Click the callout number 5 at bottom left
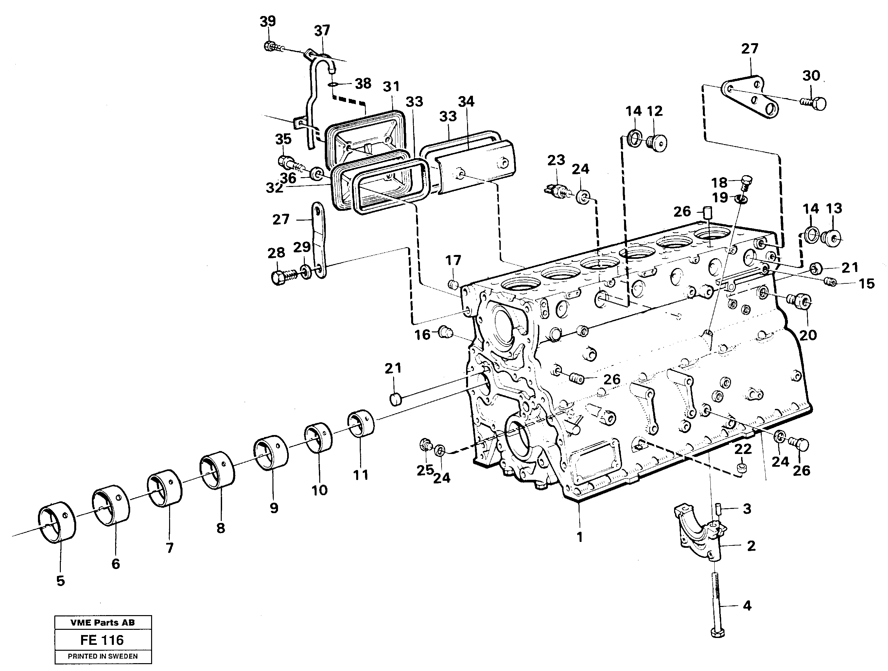pos(61,581)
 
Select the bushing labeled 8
pos(217,471)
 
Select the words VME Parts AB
pos(103,623)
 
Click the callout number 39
pos(268,21)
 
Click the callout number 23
pos(556,160)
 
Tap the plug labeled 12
pos(657,143)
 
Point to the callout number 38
pos(363,84)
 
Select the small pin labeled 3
pos(719,510)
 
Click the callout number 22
pos(743,449)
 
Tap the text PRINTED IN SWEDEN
pos(103,657)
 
